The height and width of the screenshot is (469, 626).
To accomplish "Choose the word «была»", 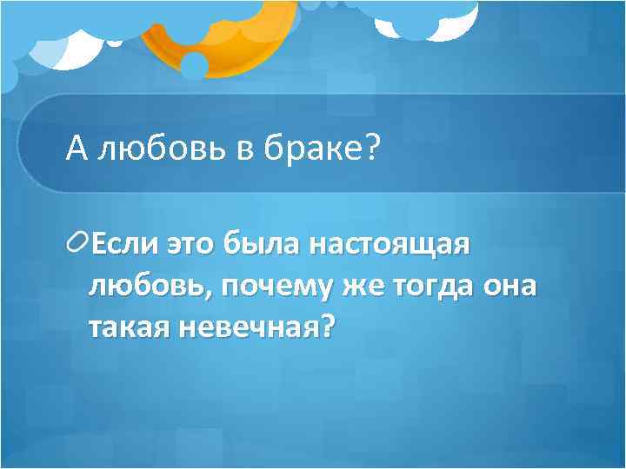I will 262,246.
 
